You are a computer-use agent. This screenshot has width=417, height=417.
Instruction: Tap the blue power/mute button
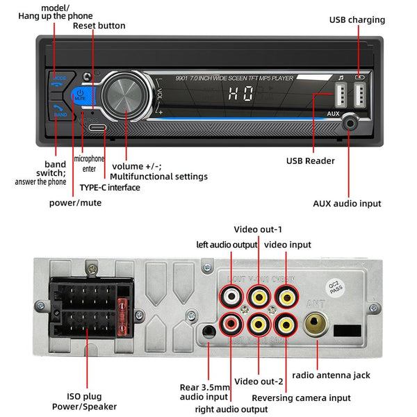click(x=81, y=95)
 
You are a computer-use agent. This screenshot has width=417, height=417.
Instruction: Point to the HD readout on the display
click(x=240, y=98)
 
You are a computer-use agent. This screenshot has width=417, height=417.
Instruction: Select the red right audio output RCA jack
click(x=231, y=323)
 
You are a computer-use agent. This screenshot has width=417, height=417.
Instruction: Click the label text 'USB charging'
click(x=356, y=20)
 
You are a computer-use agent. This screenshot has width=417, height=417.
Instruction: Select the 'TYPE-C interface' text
click(x=109, y=188)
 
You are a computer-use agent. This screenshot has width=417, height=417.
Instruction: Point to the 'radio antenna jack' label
click(x=330, y=375)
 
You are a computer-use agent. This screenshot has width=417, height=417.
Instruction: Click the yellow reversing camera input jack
click(x=284, y=323)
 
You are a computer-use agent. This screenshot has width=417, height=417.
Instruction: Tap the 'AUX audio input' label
click(x=347, y=204)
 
